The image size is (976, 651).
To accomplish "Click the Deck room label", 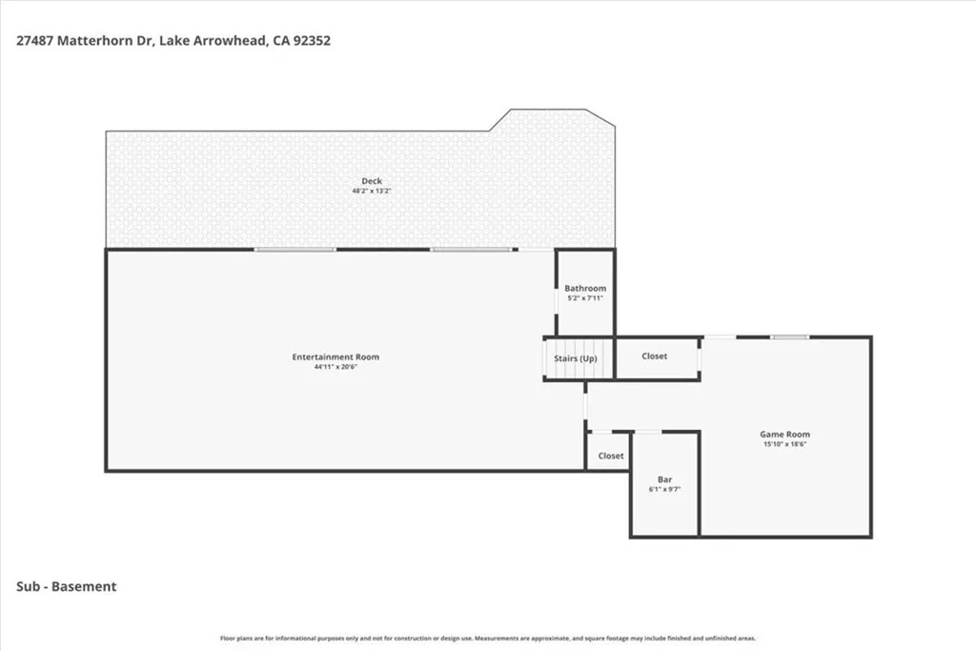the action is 372,181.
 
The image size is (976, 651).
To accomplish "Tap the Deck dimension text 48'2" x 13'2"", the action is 372,191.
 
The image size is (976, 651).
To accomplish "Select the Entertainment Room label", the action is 335,356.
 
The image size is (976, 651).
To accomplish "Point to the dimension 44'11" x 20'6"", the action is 335,367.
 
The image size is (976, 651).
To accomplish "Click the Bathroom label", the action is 585,288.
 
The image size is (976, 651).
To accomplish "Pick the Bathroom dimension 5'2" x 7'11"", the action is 585,298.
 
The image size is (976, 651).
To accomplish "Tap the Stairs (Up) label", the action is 576,358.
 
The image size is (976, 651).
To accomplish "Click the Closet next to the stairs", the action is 654,356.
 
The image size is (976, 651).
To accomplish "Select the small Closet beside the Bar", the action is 611,456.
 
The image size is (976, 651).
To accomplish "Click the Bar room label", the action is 664,479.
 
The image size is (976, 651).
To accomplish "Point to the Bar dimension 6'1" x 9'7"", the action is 664,489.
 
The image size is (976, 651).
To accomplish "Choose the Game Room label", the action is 785,435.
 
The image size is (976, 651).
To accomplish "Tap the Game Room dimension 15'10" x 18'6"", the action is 785,444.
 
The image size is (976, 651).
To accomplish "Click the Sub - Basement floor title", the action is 67,586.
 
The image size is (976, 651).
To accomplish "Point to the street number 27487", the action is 35,41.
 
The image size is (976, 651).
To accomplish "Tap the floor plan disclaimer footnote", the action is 488,638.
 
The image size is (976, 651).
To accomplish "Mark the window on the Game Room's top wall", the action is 790,337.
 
